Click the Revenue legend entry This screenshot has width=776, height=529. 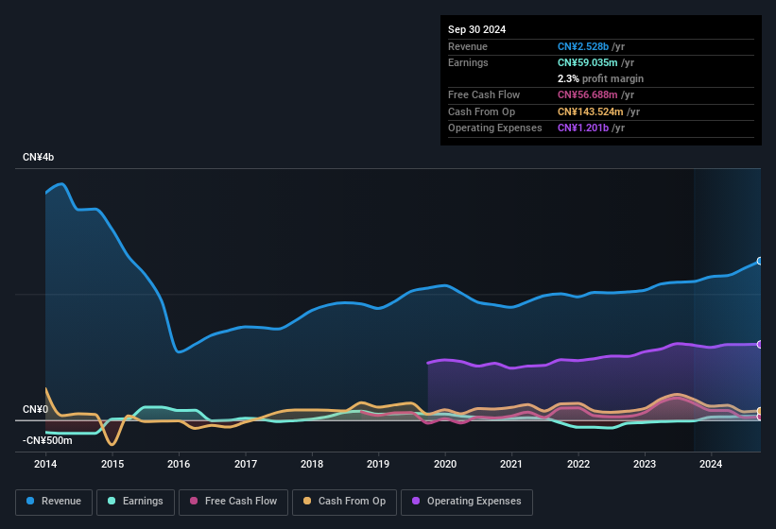tap(54, 502)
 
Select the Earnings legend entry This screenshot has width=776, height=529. tap(135, 502)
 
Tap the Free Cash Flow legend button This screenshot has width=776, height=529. tap(234, 502)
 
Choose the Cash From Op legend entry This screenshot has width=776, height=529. tap(345, 502)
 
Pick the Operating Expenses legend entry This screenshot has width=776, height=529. tap(466, 502)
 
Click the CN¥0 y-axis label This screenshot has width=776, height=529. tap(35, 409)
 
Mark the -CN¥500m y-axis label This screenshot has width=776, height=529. tap(46, 440)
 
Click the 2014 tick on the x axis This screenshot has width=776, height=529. tap(45, 464)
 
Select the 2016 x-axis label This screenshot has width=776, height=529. tap(179, 464)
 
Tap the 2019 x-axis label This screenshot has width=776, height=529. tap(378, 464)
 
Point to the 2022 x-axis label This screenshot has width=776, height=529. tap(578, 464)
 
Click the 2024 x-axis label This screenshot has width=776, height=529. tap(711, 464)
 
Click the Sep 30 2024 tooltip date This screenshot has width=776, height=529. tap(476, 29)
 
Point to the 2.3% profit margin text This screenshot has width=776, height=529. tap(600, 78)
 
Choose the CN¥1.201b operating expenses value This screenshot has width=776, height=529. tap(584, 128)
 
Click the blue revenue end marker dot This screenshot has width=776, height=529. tap(760, 262)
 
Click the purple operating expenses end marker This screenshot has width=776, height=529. tap(760, 344)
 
